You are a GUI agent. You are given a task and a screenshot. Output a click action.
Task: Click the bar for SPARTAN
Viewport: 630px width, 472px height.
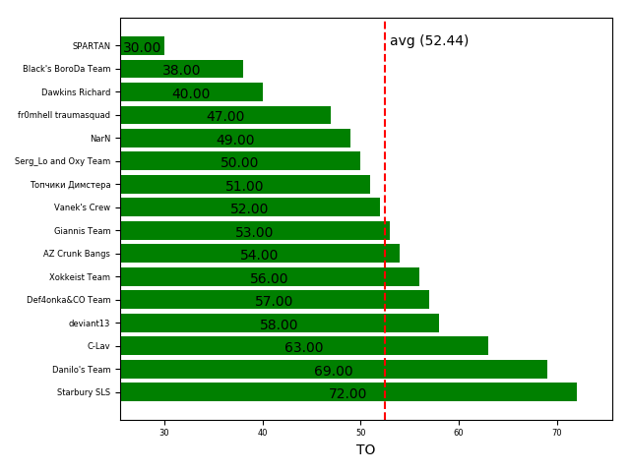point(142,46)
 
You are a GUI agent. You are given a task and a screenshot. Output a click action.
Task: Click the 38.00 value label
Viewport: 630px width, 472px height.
point(181,71)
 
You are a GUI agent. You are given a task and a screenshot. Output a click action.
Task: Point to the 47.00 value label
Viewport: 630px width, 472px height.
point(225,117)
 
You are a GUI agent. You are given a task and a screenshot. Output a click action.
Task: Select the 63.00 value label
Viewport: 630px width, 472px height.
point(303,348)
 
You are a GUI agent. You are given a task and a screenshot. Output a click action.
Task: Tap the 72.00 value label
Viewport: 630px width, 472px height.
point(347,394)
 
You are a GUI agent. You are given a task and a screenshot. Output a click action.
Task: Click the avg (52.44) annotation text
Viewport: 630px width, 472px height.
point(429,41)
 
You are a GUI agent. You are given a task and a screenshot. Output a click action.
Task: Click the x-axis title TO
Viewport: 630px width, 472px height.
point(366,450)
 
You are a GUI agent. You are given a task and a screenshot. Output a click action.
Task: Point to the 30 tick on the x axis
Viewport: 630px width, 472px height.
point(164,433)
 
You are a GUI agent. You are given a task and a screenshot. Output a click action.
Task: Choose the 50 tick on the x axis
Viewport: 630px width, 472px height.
point(360,433)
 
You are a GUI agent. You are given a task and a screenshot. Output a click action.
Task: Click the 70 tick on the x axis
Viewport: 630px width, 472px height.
point(557,433)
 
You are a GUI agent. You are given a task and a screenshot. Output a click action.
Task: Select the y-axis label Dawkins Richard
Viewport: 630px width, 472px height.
point(76,92)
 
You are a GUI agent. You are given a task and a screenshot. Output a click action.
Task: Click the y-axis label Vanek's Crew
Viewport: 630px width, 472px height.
point(83,207)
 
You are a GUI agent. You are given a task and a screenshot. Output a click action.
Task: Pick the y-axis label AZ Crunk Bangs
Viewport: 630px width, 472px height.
point(77,254)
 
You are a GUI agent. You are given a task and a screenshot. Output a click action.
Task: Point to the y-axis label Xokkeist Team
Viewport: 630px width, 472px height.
point(80,277)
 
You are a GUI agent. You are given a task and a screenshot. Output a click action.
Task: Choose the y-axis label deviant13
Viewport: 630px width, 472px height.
point(90,324)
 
